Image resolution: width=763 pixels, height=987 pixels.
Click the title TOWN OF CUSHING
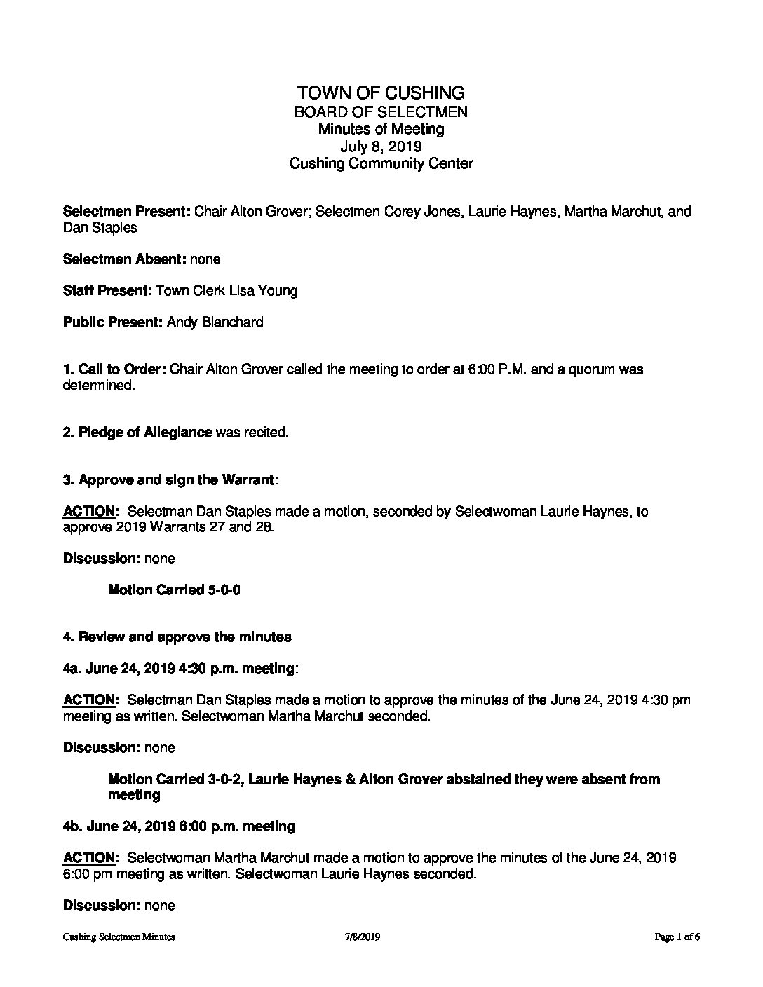pyautogui.click(x=381, y=93)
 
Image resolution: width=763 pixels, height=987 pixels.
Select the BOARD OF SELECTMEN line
pyautogui.click(x=381, y=111)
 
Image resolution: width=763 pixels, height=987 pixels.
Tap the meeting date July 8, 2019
pyautogui.click(x=381, y=147)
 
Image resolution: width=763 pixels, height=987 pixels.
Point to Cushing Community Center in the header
pyautogui.click(x=381, y=164)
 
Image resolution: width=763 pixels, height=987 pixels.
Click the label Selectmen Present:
pyautogui.click(x=127, y=212)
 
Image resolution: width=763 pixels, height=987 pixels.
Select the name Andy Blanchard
pyautogui.click(x=215, y=322)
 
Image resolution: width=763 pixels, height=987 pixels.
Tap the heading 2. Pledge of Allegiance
pyautogui.click(x=137, y=433)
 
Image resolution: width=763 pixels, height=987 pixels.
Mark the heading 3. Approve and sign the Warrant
pyautogui.click(x=169, y=480)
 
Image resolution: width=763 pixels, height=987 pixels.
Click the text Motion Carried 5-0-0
pyautogui.click(x=175, y=590)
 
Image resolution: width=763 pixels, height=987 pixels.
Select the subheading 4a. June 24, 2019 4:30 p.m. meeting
pyautogui.click(x=180, y=669)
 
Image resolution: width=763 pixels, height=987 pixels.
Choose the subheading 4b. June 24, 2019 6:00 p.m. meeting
pyautogui.click(x=180, y=826)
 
